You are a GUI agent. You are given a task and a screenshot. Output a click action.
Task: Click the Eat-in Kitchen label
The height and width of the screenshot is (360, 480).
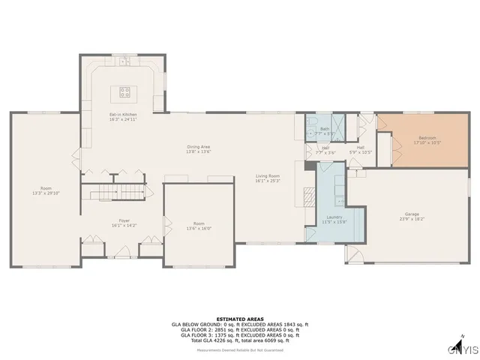tap(124, 114)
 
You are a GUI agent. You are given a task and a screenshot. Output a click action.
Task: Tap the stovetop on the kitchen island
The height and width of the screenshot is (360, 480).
tap(124, 93)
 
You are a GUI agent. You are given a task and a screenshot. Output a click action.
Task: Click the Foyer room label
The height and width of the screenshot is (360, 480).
tap(124, 220)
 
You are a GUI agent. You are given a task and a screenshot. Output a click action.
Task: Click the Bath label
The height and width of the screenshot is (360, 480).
tap(325, 129)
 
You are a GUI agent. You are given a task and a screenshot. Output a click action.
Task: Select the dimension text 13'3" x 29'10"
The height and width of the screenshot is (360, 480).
tap(46, 193)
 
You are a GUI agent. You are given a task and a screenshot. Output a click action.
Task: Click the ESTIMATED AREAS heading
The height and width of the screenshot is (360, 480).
tap(240, 318)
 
